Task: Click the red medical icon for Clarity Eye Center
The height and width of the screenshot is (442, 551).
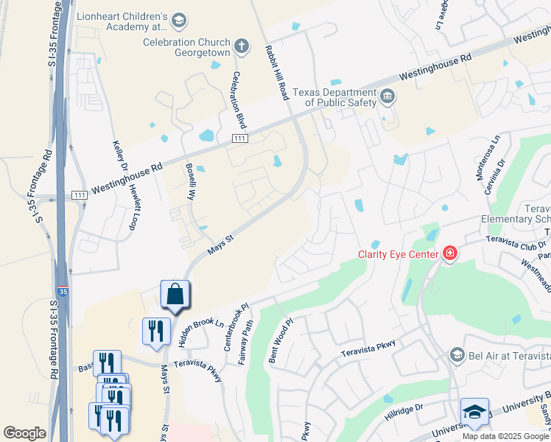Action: pyautogui.click(x=449, y=254)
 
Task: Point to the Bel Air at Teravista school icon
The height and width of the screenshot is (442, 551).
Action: pyautogui.click(x=458, y=355)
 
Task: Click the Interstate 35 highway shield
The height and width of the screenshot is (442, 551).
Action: pyautogui.click(x=63, y=292)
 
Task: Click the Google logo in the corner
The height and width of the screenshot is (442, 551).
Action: pyautogui.click(x=24, y=433)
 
